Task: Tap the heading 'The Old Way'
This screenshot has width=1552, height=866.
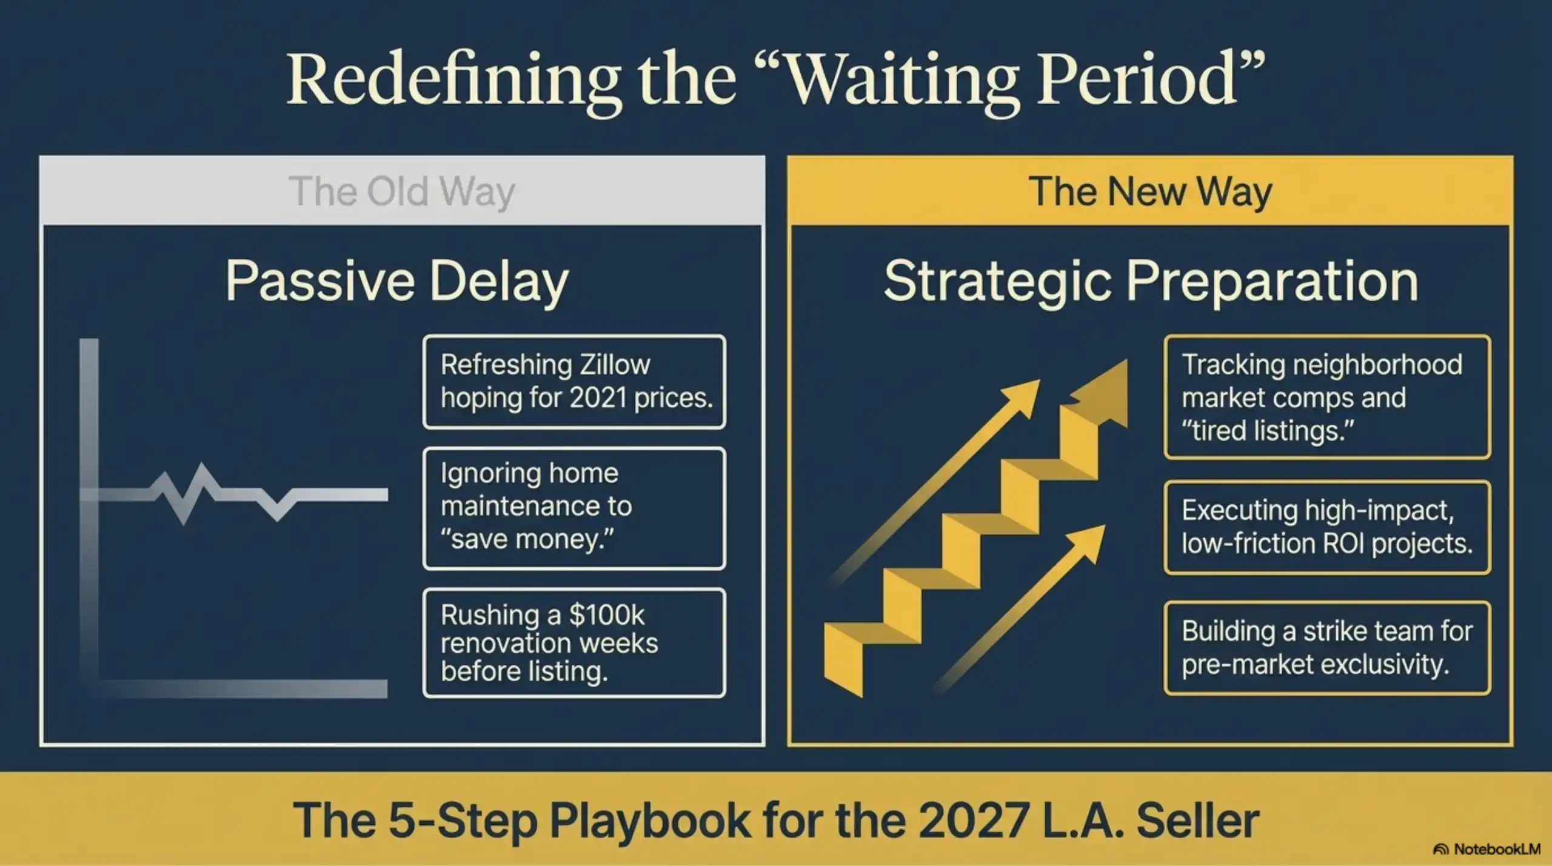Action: pyautogui.click(x=401, y=192)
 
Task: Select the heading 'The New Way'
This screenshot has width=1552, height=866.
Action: pyautogui.click(x=1150, y=192)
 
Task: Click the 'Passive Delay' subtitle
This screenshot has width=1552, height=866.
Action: pyautogui.click(x=397, y=281)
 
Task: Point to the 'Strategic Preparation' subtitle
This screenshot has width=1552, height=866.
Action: pyautogui.click(x=1151, y=281)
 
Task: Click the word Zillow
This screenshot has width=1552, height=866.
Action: pyautogui.click(x=615, y=365)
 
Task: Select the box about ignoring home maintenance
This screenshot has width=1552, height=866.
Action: pyautogui.click(x=574, y=508)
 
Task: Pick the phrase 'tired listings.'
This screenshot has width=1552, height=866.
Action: pyautogui.click(x=1268, y=431)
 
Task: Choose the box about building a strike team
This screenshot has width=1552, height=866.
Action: pyautogui.click(x=1326, y=648)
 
